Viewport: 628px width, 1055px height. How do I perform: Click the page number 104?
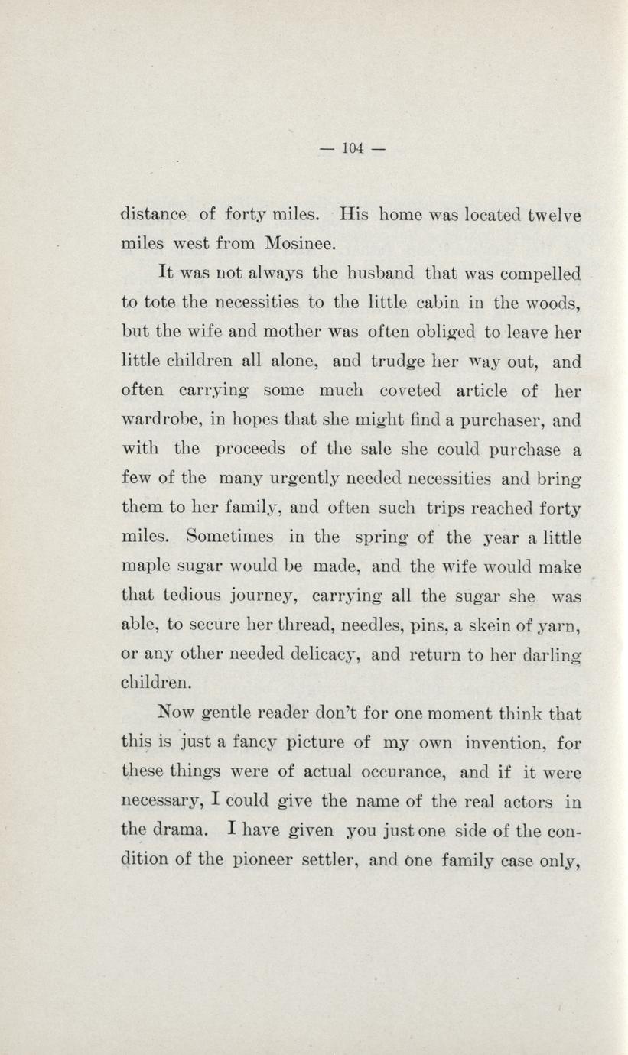click(x=352, y=148)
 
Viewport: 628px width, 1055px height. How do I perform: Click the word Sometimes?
click(x=230, y=537)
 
